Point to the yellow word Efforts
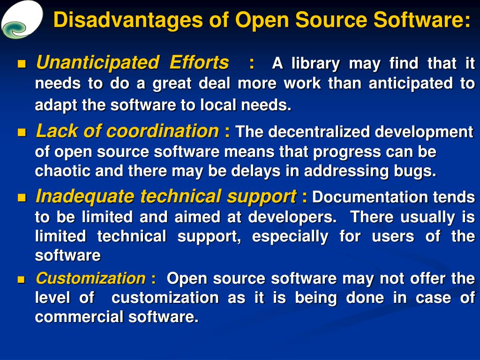199,62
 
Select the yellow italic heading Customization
90,278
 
